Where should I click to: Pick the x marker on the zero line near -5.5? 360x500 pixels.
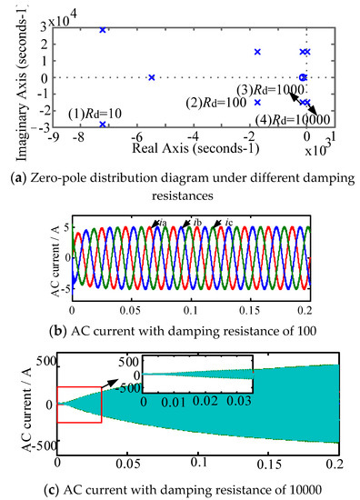click(x=152, y=77)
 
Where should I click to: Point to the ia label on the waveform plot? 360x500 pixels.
click(x=160, y=223)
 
